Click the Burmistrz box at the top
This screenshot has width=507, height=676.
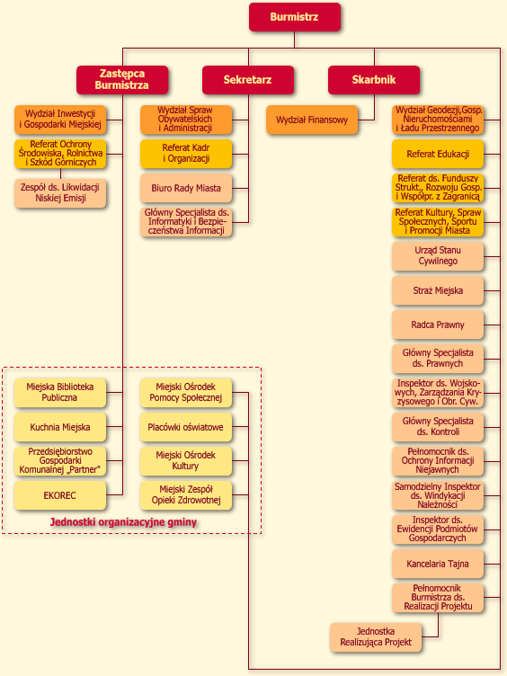(295, 17)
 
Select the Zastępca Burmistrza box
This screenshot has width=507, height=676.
(122, 80)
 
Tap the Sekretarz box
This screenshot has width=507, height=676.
(248, 80)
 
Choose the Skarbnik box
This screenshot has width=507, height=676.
(374, 80)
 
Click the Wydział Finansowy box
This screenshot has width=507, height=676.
(312, 120)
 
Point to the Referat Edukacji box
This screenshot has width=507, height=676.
(438, 154)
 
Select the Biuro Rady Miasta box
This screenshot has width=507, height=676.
(186, 189)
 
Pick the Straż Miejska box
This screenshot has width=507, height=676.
(438, 290)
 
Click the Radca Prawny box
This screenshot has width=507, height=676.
(438, 325)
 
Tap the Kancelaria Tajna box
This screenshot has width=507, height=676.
(438, 564)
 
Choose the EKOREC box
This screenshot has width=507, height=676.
(60, 495)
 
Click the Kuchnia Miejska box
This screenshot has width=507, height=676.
(60, 427)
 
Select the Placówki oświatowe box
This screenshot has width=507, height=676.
(186, 427)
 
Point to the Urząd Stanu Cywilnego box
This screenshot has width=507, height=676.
(438, 256)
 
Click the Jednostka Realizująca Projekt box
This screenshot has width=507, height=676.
(376, 637)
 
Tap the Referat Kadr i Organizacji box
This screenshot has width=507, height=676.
(186, 154)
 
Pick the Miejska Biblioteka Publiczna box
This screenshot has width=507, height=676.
(60, 393)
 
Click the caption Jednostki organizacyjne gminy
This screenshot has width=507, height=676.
(123, 522)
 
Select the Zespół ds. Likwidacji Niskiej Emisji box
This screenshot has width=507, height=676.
(60, 193)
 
